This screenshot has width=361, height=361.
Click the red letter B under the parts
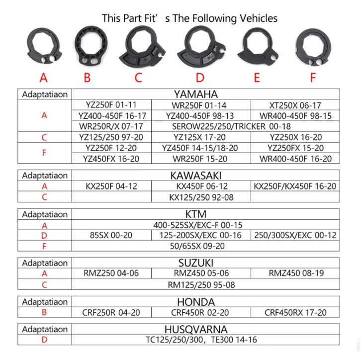87,78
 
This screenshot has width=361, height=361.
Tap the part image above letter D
199,47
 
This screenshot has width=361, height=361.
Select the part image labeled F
313,48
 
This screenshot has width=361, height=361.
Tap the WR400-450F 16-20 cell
295,159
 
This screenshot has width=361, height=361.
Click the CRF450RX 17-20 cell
295,313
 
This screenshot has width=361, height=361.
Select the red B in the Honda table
45,313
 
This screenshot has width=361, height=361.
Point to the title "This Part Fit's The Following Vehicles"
189,18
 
